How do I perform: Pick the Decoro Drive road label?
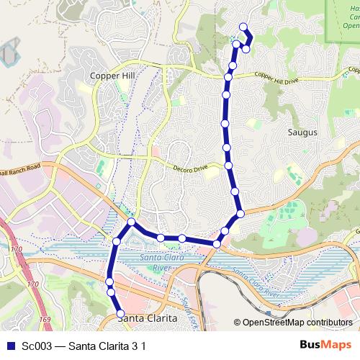pos(190,168)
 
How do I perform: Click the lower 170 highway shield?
pos(32,285)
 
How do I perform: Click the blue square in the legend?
pos(9,346)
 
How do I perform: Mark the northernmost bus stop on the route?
pos(243,27)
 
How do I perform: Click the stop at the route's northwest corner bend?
pos(132,222)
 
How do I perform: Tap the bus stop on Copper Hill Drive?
pos(229,76)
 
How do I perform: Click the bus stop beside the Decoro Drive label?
pos(229,166)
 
